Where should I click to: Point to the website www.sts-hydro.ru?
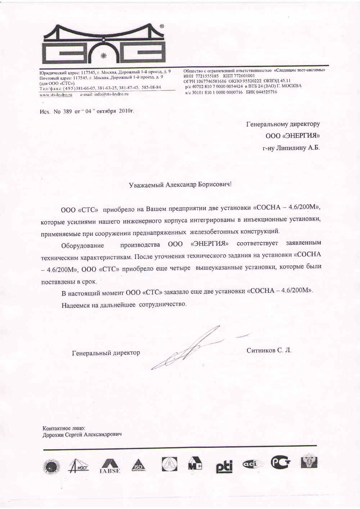(x=56, y=94)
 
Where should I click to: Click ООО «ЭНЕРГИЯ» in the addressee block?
(x=292, y=136)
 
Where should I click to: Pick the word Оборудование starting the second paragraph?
(x=82, y=246)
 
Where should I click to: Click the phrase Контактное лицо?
(x=64, y=428)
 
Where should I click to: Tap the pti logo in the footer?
(x=224, y=465)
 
